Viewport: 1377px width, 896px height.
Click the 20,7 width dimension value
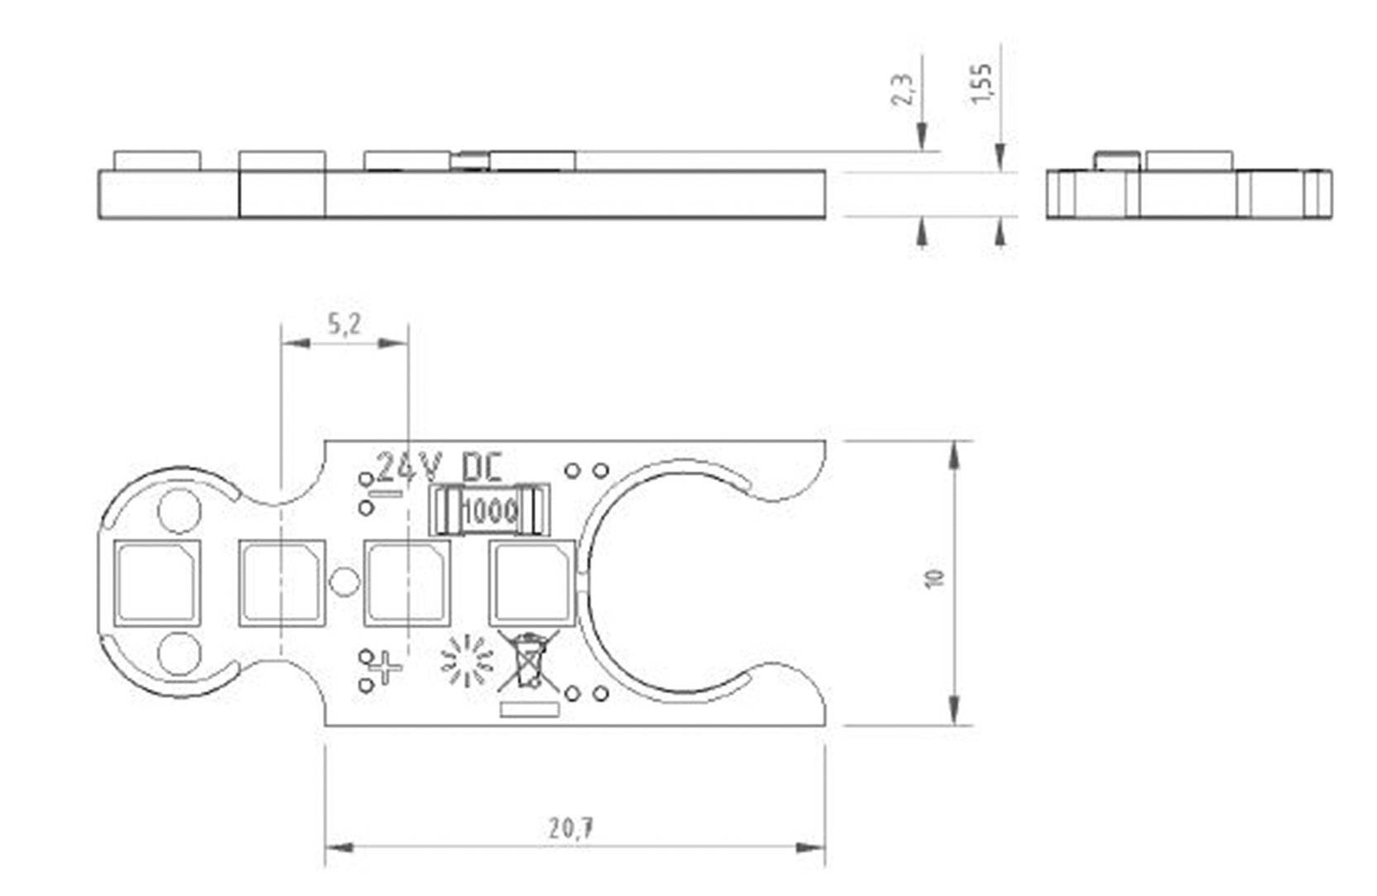571,827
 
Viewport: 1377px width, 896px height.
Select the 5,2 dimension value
344,324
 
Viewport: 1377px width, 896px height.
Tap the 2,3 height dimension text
904,89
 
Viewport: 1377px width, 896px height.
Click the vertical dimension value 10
935,578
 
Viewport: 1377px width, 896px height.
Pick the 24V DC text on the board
439,468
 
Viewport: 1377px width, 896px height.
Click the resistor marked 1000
489,510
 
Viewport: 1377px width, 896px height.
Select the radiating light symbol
468,662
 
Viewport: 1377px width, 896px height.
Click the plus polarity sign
386,667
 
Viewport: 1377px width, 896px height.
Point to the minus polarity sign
386,494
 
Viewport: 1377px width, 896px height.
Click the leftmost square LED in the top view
157,582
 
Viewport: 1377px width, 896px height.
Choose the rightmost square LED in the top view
532,582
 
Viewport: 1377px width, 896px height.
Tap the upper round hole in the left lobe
179,510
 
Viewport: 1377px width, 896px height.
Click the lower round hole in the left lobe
179,653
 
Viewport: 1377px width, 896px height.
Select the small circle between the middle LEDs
344,581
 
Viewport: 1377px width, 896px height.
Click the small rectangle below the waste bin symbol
530,710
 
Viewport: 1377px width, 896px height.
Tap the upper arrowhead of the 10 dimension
954,455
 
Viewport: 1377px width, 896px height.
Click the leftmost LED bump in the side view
157,161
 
